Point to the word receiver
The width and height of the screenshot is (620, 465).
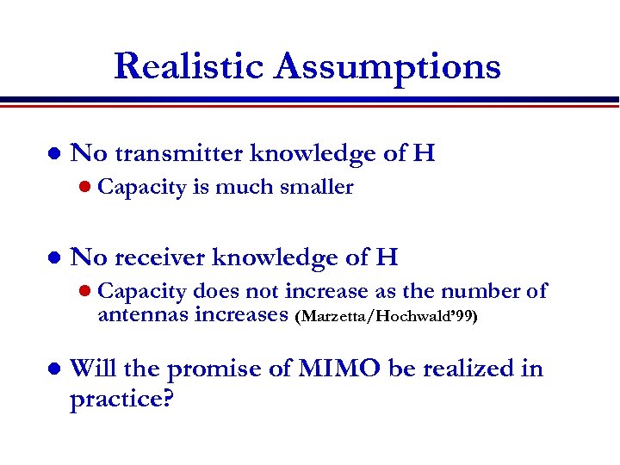click(x=159, y=257)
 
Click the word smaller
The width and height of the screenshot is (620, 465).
click(x=319, y=187)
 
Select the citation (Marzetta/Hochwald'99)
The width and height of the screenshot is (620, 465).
click(x=386, y=316)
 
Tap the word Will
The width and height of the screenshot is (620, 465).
click(x=92, y=369)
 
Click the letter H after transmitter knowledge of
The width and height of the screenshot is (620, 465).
click(x=424, y=153)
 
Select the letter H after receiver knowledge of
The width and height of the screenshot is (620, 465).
click(x=387, y=257)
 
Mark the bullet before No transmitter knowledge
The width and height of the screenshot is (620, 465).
click(x=53, y=155)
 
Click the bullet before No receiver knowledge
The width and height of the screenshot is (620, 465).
click(x=53, y=258)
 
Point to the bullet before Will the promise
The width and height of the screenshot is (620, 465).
click(x=53, y=370)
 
